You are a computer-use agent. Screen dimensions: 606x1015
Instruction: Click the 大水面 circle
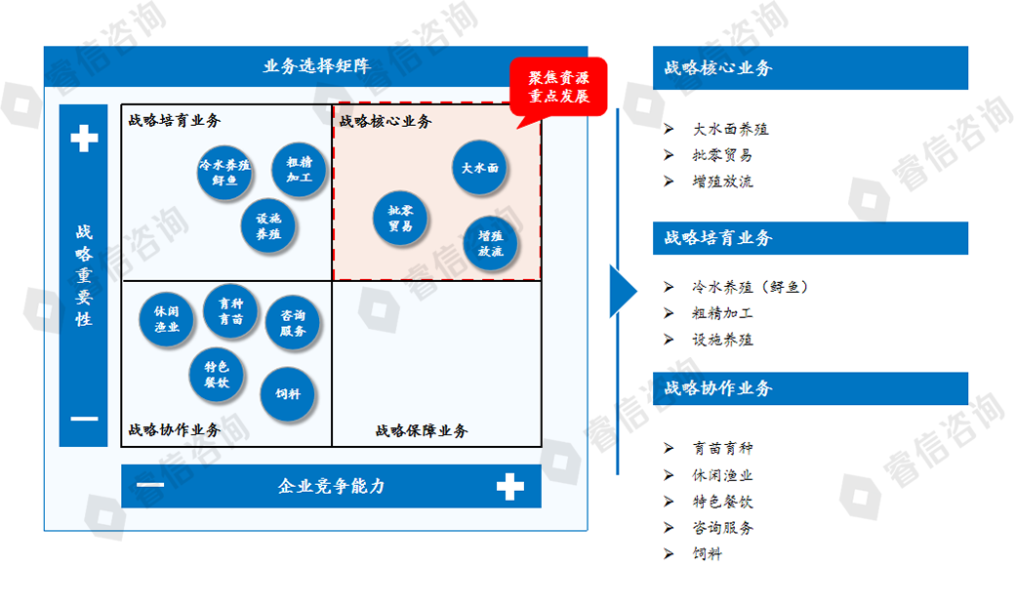coord(479,168)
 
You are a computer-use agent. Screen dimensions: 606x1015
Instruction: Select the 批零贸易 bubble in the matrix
coord(400,219)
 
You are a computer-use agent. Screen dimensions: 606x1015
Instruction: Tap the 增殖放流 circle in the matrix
coord(489,243)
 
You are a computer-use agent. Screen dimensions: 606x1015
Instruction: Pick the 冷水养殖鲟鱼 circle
coord(224,172)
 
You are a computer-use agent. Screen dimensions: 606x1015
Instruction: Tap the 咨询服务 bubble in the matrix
coord(293,323)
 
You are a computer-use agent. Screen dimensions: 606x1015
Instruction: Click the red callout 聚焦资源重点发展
coord(559,87)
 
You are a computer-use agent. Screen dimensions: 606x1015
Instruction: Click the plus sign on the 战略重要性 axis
coord(84,139)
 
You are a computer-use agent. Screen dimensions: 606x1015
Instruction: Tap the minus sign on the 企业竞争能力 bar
coord(150,485)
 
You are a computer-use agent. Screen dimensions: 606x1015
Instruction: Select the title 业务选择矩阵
coord(315,66)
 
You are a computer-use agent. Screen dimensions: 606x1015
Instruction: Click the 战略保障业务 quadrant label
coord(422,430)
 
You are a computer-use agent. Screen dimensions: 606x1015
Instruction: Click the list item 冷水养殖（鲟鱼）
coord(750,287)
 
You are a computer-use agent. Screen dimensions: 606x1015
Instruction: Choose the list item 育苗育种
coord(722,448)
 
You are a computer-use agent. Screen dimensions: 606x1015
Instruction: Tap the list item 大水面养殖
coord(730,129)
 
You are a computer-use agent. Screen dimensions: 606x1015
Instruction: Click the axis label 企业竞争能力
coord(332,486)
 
